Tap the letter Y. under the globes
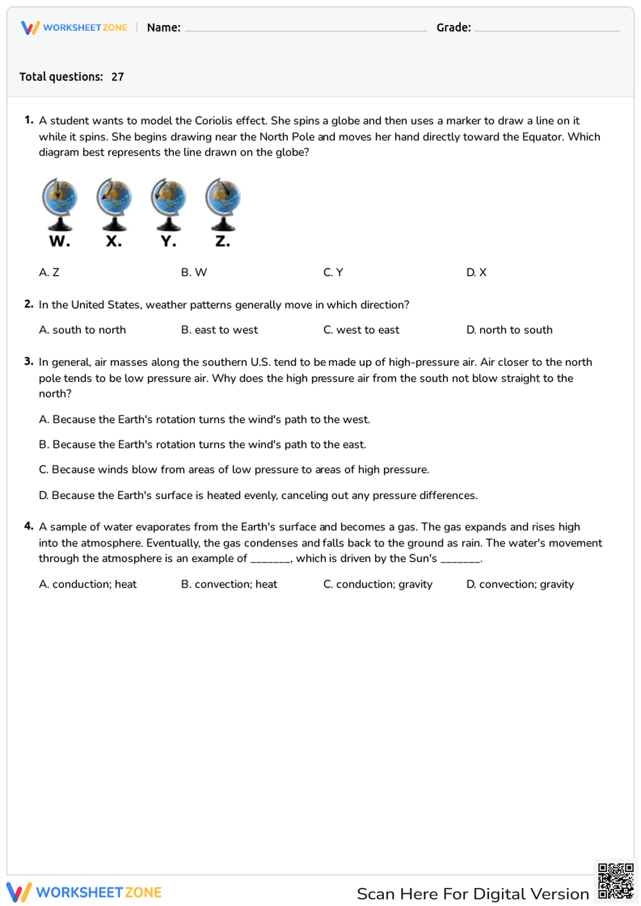(x=168, y=242)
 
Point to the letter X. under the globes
(x=113, y=242)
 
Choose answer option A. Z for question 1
(x=49, y=272)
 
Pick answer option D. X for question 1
(x=476, y=272)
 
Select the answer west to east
(x=362, y=330)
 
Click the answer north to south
(x=510, y=330)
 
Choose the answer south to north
(x=83, y=330)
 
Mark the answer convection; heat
(x=229, y=584)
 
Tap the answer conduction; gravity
(x=378, y=584)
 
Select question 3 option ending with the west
(x=204, y=420)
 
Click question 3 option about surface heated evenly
(x=258, y=495)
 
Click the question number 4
(x=29, y=526)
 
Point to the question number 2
(x=29, y=304)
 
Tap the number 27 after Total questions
(x=117, y=77)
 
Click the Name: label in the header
(x=163, y=28)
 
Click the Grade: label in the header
(x=453, y=28)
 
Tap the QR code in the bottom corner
(x=615, y=881)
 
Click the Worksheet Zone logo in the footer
(x=85, y=892)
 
